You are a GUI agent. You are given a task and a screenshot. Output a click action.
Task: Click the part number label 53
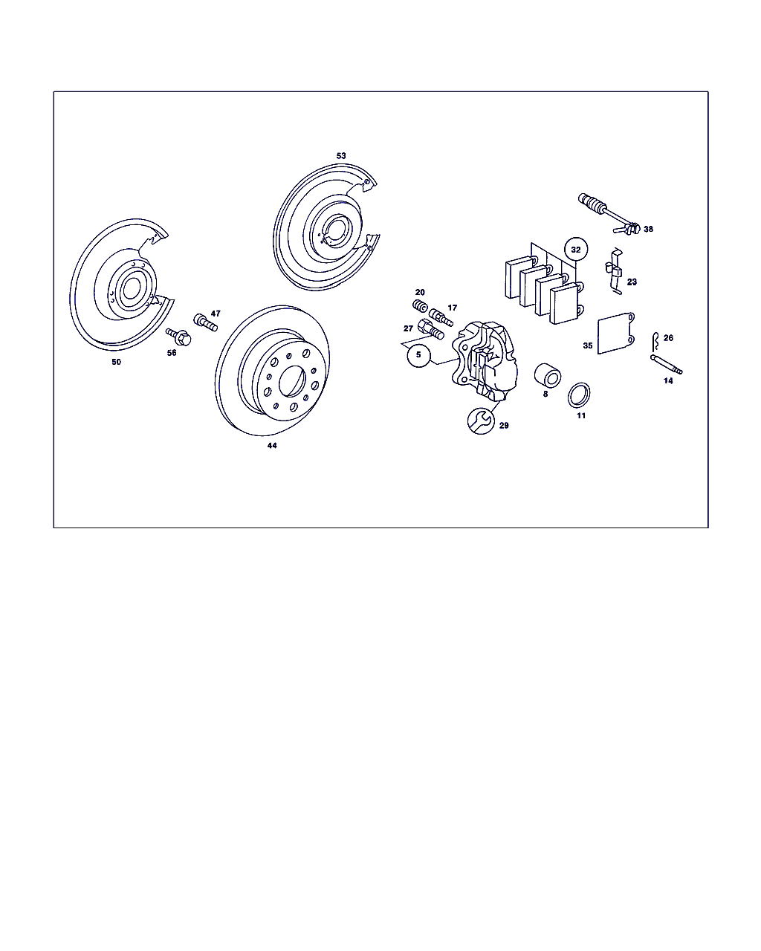click(341, 155)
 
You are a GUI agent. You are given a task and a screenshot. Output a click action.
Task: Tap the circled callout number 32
click(576, 250)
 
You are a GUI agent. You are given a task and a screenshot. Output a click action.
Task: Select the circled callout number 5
click(418, 355)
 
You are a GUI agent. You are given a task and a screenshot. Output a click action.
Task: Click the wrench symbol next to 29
click(481, 421)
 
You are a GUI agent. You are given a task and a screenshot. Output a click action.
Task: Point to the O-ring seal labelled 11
click(579, 395)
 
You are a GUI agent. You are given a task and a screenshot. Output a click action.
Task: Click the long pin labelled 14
click(667, 365)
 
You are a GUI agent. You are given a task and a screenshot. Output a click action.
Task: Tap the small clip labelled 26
click(655, 341)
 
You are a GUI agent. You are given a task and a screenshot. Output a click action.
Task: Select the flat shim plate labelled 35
click(616, 333)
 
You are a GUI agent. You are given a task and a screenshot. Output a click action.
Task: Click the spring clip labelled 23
click(614, 271)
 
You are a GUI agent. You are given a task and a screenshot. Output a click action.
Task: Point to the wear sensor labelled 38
click(609, 214)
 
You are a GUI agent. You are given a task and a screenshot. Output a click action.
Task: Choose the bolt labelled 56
click(178, 337)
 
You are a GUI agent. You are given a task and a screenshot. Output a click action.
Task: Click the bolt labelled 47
click(206, 322)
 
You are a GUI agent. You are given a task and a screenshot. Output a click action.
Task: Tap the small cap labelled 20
click(420, 305)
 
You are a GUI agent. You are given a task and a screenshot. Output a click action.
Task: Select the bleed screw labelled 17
click(441, 317)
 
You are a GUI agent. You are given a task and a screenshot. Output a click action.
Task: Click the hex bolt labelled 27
click(431, 329)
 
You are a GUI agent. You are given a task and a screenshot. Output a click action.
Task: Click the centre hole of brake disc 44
click(292, 380)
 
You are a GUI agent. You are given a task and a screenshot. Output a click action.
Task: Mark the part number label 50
click(116, 362)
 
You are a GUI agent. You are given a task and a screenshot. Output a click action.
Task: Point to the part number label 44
click(272, 446)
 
